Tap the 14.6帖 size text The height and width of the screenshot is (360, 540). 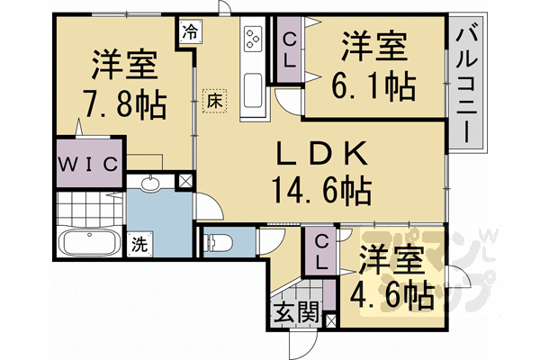click(320, 191)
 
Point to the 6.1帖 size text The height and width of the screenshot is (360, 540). click(376, 86)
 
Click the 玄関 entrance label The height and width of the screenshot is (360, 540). click(295, 315)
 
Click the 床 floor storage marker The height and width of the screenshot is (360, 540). click(215, 100)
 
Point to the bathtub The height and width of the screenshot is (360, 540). click(89, 244)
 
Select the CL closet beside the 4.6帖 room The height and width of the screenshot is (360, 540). click(321, 249)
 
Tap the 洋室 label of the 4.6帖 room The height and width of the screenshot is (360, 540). click(391, 261)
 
